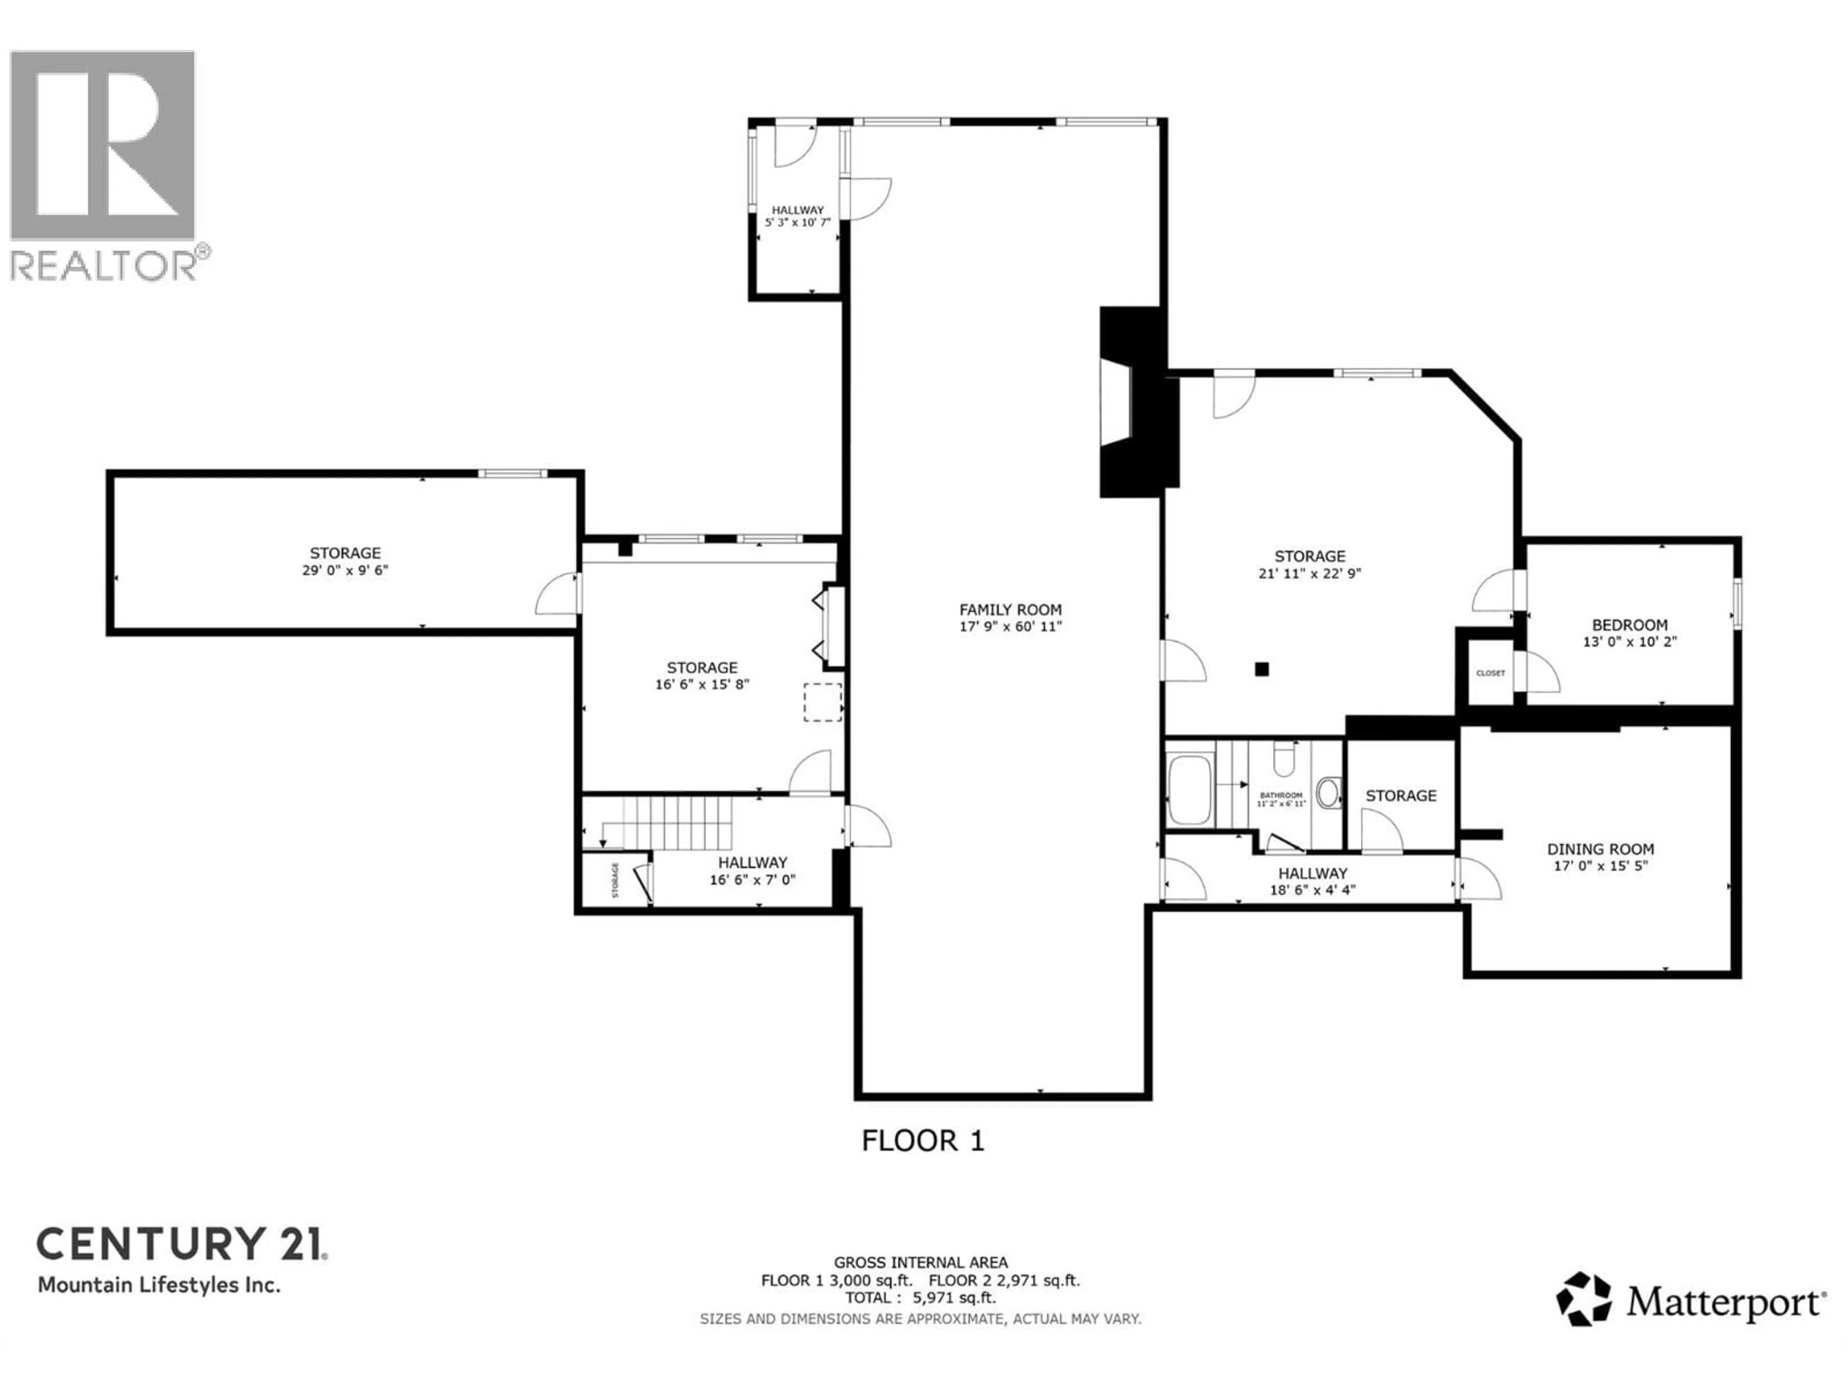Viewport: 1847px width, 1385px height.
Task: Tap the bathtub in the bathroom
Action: click(x=1189, y=790)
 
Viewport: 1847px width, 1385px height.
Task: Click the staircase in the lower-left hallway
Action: click(x=676, y=822)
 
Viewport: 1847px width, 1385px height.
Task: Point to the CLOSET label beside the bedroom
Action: click(x=1491, y=673)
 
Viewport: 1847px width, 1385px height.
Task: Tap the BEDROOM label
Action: click(x=1629, y=625)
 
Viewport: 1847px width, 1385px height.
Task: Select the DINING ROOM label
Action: click(x=1600, y=849)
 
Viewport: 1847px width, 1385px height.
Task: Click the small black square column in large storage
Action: click(x=1262, y=669)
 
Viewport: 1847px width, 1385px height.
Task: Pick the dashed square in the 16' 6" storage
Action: click(x=822, y=702)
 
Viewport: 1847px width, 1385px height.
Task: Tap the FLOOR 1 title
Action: click(x=923, y=1140)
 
